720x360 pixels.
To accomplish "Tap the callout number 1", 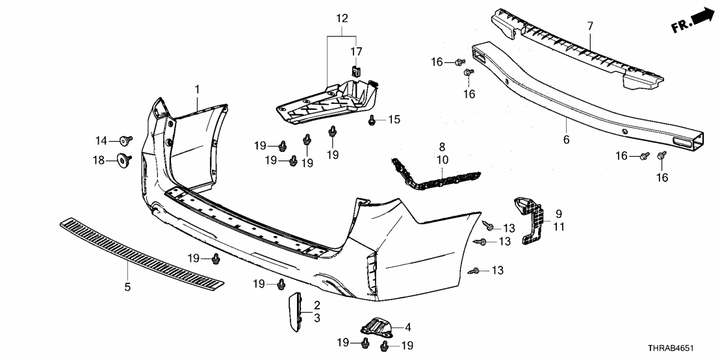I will pos(198,88).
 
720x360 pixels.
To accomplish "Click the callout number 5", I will pos(128,286).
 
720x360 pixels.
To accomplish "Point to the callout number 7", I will pos(590,27).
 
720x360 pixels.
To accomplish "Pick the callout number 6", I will pos(565,140).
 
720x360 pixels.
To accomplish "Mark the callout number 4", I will pos(407,327).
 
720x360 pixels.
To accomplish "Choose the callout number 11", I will pos(559,227).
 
